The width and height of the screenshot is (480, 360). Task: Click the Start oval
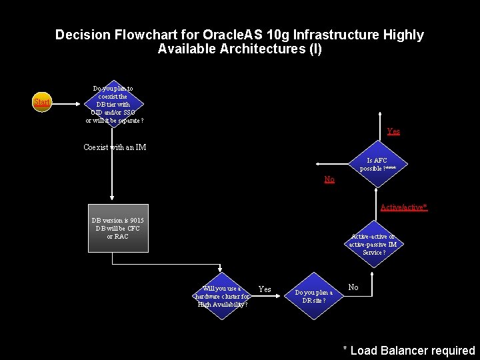[42, 103]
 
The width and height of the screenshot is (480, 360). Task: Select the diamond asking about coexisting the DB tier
[113, 105]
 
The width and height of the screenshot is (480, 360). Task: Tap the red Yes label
[393, 132]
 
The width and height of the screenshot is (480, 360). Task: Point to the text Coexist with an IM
[115, 147]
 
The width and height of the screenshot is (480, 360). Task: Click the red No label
[329, 179]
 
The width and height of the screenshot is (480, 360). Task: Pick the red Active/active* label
[403, 207]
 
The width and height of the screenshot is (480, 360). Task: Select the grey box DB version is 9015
[118, 228]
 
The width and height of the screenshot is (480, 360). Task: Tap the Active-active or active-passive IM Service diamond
[373, 244]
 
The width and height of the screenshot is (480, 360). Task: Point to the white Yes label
[265, 289]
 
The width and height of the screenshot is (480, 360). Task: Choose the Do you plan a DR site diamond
[314, 296]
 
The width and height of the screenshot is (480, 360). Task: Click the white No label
[353, 287]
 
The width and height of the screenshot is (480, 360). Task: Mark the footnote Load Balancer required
[409, 350]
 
